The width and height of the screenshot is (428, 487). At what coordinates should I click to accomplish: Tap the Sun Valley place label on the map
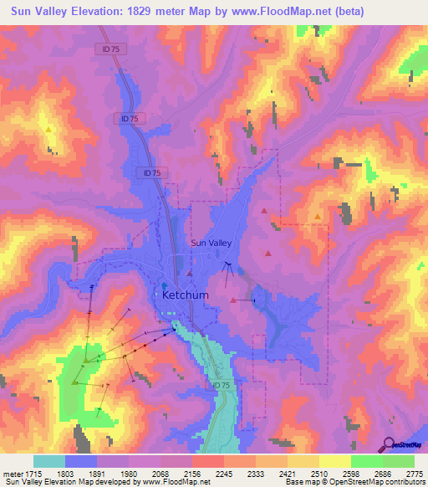(211, 243)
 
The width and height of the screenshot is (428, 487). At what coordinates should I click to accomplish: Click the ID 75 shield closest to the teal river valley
(220, 384)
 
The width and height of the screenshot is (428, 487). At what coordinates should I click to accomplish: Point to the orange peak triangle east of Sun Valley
(318, 217)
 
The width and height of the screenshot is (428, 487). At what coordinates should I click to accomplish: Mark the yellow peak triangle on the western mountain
(49, 130)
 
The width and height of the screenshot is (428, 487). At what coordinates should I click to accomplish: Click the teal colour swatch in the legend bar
(49, 461)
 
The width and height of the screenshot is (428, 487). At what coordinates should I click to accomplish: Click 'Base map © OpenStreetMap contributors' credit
(355, 483)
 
